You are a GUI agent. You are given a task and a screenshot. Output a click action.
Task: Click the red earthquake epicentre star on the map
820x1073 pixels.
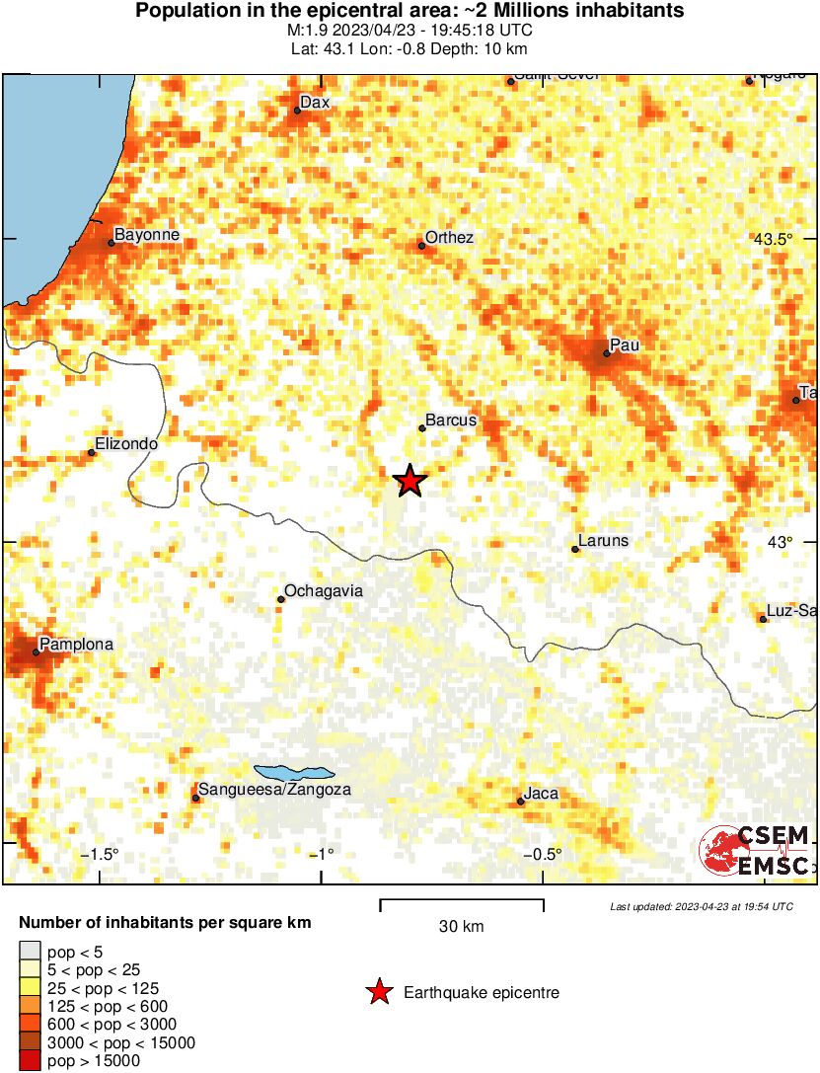point(410,481)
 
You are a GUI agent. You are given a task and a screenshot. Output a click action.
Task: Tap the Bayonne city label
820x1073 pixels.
point(147,235)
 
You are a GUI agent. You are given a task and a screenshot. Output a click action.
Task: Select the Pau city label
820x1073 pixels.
point(625,345)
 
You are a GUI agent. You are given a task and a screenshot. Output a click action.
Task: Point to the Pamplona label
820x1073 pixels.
point(77,645)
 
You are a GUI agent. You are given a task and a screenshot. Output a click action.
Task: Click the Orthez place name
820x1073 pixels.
point(449,238)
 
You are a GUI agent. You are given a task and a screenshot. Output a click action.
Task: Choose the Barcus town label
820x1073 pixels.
point(451,421)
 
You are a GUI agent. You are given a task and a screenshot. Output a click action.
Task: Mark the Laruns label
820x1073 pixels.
point(603,541)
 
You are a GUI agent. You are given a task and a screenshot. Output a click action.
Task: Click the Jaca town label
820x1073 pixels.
point(541,794)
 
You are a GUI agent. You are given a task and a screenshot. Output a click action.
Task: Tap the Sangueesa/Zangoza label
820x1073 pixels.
point(274,790)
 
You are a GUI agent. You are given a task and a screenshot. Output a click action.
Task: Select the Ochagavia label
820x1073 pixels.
point(324,591)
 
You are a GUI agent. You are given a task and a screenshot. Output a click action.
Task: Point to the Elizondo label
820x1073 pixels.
point(126,445)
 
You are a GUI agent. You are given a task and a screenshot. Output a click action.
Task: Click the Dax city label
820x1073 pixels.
point(314,102)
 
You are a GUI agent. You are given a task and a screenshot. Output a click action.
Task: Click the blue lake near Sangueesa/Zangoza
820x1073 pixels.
point(294,772)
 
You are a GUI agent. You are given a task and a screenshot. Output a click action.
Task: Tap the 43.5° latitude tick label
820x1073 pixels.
point(773,239)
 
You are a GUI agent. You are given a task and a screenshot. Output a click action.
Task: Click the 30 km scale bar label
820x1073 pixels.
point(461,926)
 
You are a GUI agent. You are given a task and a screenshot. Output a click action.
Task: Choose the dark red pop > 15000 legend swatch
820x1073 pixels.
point(30,1061)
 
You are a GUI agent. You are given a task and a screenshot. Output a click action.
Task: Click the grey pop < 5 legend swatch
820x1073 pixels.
point(30,953)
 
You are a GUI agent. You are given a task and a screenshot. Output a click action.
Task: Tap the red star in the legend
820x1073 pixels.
point(379,992)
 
